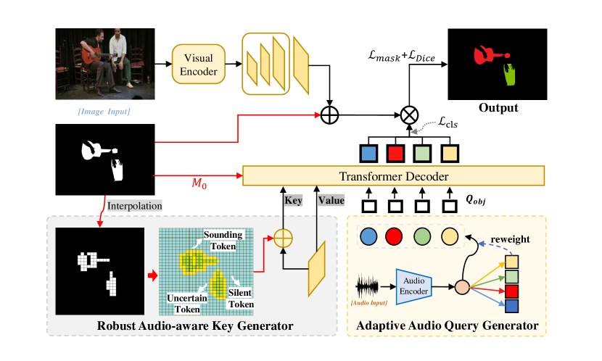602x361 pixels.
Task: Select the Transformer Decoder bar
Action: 392,176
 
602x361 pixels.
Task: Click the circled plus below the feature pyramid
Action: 330,115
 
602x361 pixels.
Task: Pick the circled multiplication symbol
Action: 408,115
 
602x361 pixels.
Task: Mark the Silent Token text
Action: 241,299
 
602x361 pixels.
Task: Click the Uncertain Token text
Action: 187,303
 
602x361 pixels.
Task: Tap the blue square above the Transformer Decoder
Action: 369,154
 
